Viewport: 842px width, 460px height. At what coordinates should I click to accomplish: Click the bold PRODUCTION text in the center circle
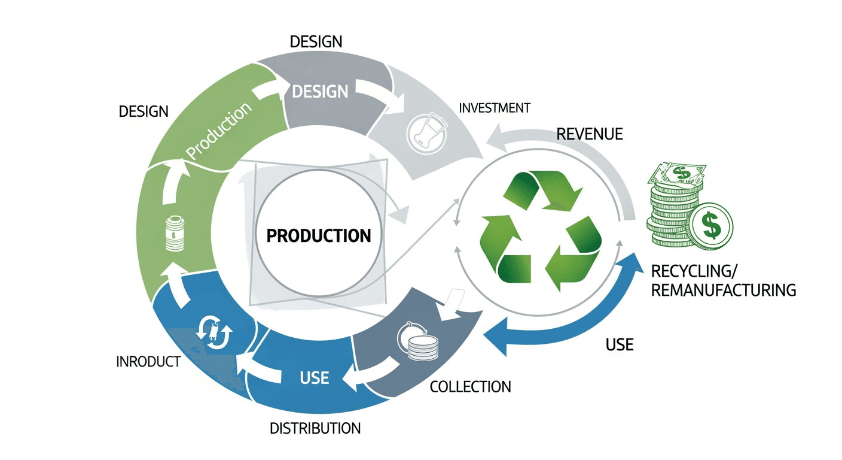point(318,235)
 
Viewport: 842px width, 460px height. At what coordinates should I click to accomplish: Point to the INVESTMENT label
point(494,108)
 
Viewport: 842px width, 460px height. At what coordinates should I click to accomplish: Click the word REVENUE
point(589,134)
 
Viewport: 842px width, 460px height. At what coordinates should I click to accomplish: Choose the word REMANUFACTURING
point(723,290)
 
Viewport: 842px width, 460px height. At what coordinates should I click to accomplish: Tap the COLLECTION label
point(471,386)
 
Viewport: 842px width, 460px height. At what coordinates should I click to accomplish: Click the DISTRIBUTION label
point(315,428)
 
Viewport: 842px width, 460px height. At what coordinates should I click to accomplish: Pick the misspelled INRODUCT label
point(148,362)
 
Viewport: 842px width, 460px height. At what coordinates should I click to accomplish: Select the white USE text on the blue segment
point(314,377)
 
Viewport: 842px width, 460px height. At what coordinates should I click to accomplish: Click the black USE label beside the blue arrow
point(619,345)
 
